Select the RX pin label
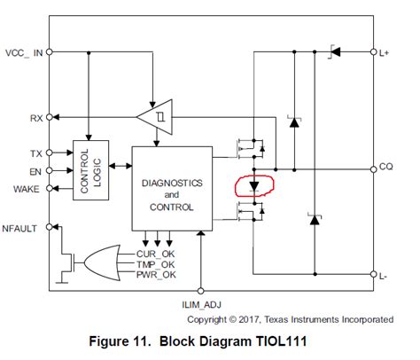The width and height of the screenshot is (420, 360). [35, 116]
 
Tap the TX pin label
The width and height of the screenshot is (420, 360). [35, 153]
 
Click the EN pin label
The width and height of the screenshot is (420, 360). [35, 170]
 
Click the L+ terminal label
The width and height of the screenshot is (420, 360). [386, 53]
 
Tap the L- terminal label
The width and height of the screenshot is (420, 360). [385, 277]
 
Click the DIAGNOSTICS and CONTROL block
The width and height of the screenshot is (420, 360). [172, 189]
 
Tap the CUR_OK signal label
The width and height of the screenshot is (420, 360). [158, 254]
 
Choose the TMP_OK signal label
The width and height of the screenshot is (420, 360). [158, 265]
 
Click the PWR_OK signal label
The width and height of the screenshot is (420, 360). [158, 276]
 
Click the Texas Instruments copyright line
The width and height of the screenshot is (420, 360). [290, 318]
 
